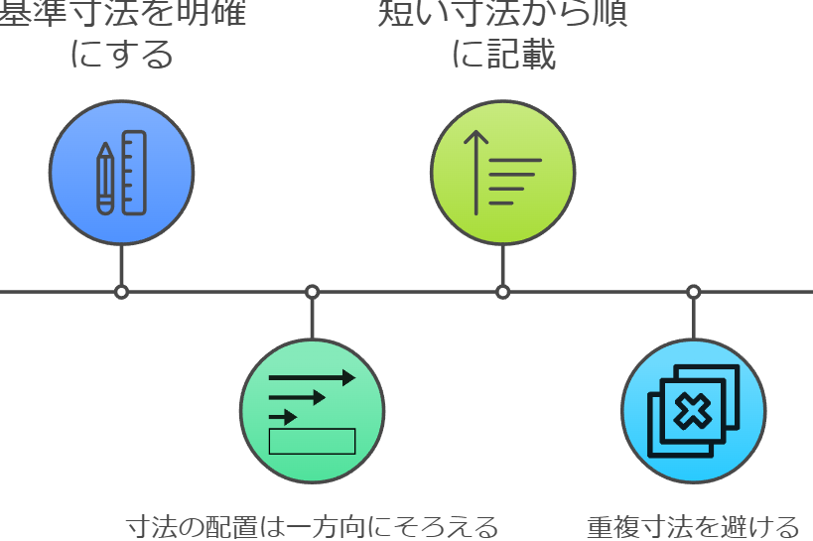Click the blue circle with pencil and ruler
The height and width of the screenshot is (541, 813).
point(122,174)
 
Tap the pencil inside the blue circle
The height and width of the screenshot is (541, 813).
point(104,179)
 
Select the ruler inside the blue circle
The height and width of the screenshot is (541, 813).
point(136,174)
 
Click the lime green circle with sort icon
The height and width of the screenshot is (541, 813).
point(502,174)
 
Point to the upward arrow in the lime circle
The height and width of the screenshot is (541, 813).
point(476,172)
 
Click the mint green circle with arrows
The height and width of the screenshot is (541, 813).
point(312,411)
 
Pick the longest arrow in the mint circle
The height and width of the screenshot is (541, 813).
point(312,378)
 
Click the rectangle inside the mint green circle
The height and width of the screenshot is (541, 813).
point(312,440)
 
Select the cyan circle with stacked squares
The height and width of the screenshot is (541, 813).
point(693,411)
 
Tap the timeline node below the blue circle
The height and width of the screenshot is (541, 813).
point(121,292)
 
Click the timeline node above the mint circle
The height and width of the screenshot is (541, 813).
point(312,292)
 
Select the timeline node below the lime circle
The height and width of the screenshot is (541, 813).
point(502,292)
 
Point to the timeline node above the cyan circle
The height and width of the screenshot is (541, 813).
point(693,292)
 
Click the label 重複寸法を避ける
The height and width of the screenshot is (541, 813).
point(692,525)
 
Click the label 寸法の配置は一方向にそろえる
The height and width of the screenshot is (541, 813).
point(312,525)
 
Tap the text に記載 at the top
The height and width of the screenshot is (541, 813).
point(502,56)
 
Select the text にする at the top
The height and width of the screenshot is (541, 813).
point(121,56)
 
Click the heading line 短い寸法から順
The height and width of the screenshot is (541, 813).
point(502,14)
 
